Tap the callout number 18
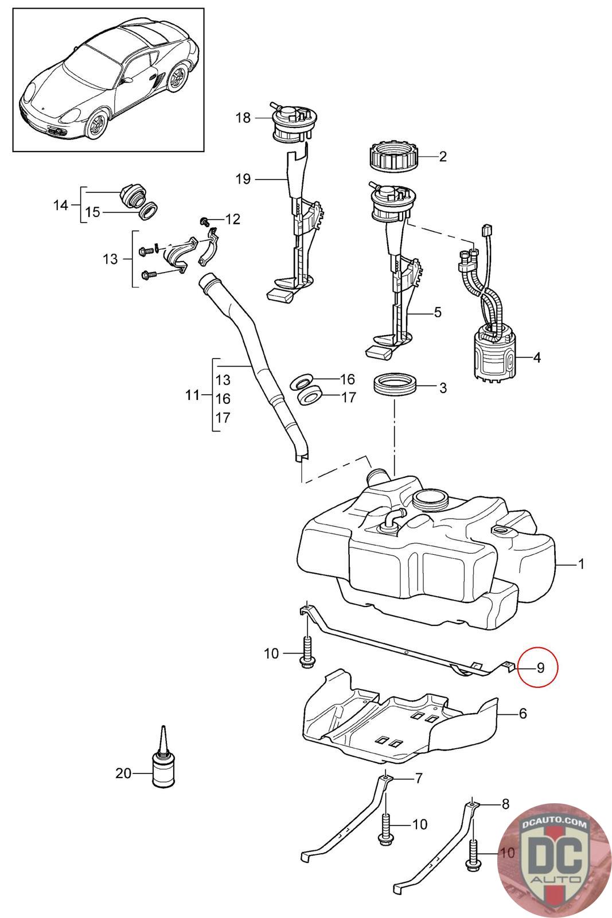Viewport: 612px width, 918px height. (x=243, y=118)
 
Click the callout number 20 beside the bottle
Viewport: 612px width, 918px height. (x=123, y=773)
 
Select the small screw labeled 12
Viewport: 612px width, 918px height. (x=204, y=221)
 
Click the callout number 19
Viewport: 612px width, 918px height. (x=243, y=179)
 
